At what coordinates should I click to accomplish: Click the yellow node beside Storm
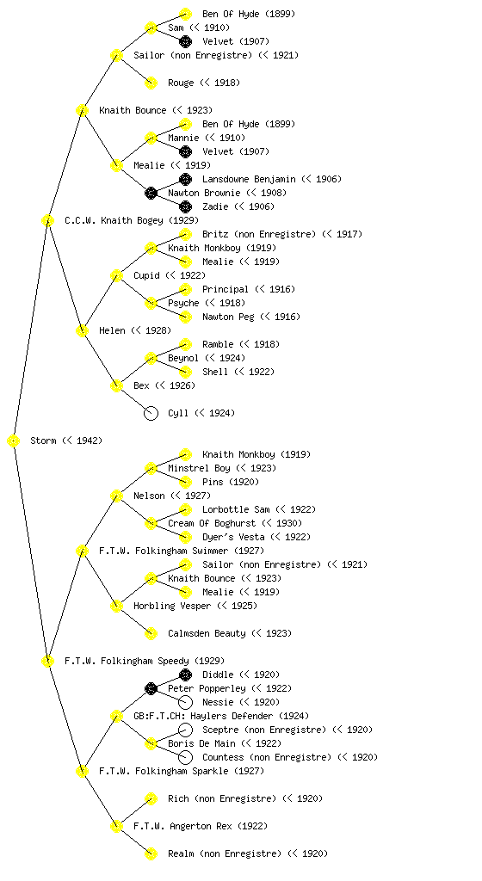pos(14,441)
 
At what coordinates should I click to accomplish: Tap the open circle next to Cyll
pos(151,414)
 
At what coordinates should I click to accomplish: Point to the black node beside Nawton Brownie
pos(151,194)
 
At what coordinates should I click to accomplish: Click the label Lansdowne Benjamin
pos(249,179)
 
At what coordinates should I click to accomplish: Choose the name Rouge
pos(181,83)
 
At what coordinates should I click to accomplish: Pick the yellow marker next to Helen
pos(82,331)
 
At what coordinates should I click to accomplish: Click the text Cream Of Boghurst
pos(212,524)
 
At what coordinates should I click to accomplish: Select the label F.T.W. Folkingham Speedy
pos(127,662)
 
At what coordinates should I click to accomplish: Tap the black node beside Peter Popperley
pos(151,689)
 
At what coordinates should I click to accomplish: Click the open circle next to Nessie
pos(185,702)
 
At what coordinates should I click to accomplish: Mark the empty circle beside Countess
pos(185,757)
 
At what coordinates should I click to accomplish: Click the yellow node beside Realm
pos(151,854)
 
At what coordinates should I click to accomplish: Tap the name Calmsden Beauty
pos(207,634)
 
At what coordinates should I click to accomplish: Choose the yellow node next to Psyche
pos(151,304)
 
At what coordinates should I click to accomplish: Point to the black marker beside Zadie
pos(185,206)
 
